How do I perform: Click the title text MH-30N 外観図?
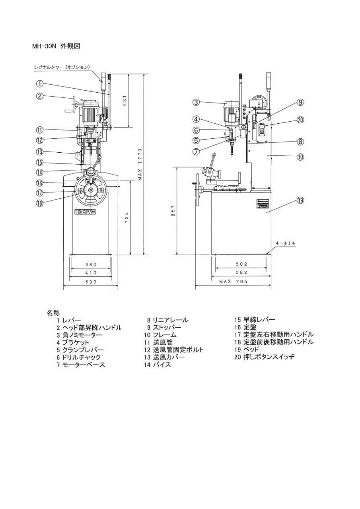pyautogui.click(x=56, y=46)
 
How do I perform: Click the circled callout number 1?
pyautogui.click(x=40, y=84)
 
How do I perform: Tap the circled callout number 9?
pyautogui.click(x=300, y=103)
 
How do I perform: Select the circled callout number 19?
pyautogui.click(x=300, y=201)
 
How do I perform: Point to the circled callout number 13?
pyautogui.click(x=40, y=152)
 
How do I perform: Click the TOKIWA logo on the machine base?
pyautogui.click(x=85, y=212)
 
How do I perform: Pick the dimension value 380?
pyautogui.click(x=91, y=264)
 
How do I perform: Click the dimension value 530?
pyautogui.click(x=91, y=282)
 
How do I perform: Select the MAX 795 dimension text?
pyautogui.click(x=233, y=282)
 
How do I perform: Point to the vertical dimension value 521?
pyautogui.click(x=125, y=101)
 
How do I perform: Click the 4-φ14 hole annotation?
pyautogui.click(x=285, y=243)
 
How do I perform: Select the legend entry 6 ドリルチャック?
pyautogui.click(x=79, y=357)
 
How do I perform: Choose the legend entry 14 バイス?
pyautogui.click(x=158, y=365)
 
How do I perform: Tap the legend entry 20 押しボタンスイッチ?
pyautogui.click(x=264, y=357)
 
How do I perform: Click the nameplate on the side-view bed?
pyautogui.click(x=262, y=204)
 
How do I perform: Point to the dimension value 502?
pyautogui.click(x=241, y=264)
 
